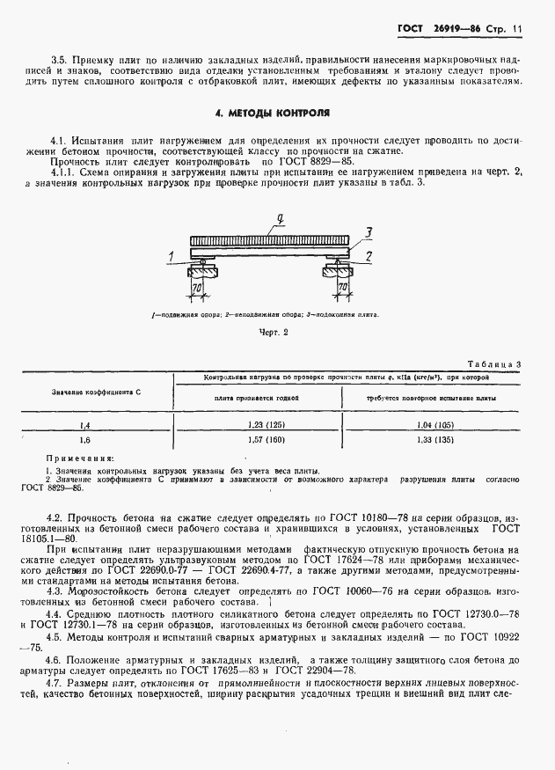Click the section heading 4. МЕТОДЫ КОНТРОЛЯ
tap(273, 114)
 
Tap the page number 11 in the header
tap(516, 30)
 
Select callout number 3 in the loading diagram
tap(370, 232)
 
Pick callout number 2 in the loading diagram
tap(369, 256)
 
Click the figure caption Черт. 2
tap(273, 333)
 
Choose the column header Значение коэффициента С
tap(97, 390)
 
